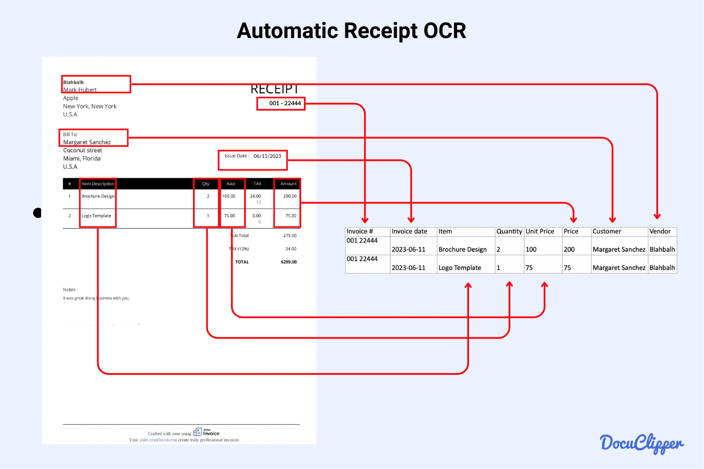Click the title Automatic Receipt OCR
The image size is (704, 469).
point(352,31)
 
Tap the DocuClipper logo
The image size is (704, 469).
point(641,443)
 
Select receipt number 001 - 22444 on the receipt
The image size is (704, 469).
point(285,103)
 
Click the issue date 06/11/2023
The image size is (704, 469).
point(267,156)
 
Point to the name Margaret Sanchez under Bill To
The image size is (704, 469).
point(87,142)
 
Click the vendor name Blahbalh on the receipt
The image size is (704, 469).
point(73,82)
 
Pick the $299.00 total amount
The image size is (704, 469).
point(289,262)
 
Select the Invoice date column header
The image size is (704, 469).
point(409,232)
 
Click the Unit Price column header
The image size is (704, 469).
point(540,232)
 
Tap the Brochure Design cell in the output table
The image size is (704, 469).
point(462,250)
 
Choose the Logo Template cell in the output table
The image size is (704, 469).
point(460,268)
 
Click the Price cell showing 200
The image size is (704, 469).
point(569,250)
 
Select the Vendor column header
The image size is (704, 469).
point(660,232)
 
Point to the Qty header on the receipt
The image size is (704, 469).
point(206,184)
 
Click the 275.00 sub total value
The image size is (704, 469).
point(290,236)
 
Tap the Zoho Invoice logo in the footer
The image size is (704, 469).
point(206,432)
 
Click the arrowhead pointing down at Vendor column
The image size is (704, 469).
point(657,217)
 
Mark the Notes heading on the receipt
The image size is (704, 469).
point(69,290)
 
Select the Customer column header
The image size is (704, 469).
point(607,232)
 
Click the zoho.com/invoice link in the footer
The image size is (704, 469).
point(156,440)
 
